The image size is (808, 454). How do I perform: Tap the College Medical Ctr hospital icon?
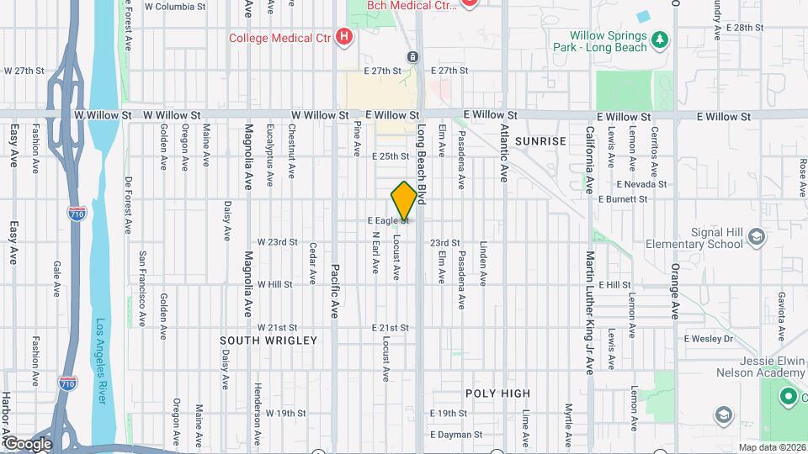343,37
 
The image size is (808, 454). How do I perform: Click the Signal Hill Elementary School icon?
756,238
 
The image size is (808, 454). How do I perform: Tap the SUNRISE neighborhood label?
541,141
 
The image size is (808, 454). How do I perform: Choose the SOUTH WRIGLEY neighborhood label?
268,340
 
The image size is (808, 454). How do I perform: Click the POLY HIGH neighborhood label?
497,393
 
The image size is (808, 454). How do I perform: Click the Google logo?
27,443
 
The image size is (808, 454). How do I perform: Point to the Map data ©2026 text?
771,447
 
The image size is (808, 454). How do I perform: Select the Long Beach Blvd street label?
422,166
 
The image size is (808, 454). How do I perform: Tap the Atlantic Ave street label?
504,154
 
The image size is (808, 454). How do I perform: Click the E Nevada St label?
641,183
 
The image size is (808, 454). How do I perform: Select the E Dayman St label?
455,435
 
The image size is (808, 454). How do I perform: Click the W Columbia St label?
175,7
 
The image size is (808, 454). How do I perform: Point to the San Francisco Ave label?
143,277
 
